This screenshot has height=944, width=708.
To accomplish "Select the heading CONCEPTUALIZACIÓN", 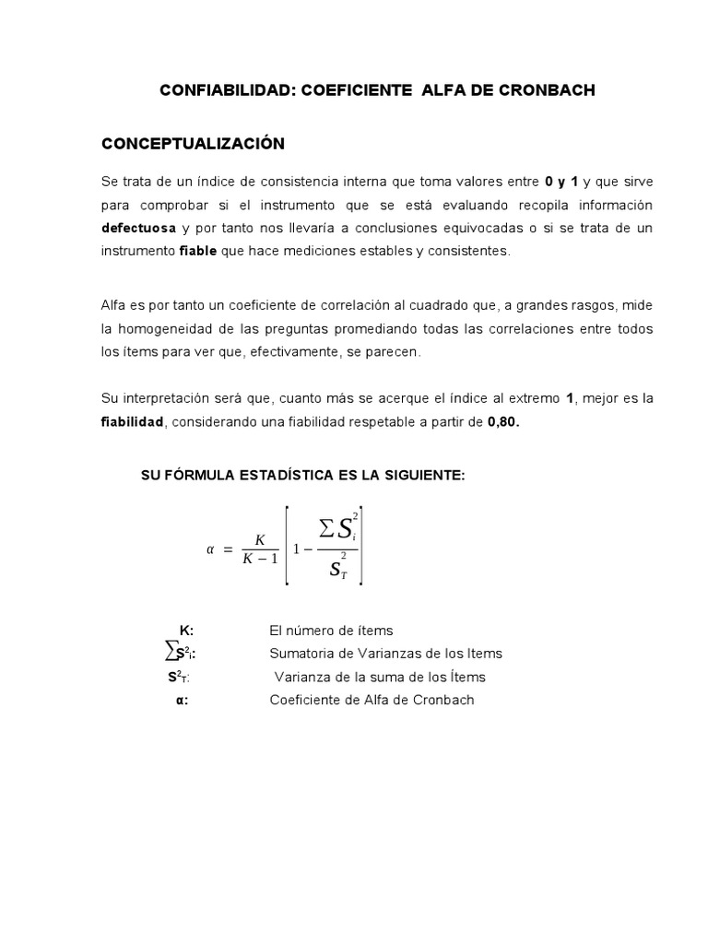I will coord(193,144).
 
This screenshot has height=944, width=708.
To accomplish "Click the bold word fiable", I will coord(198,251).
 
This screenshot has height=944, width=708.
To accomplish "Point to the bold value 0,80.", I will coord(506,421).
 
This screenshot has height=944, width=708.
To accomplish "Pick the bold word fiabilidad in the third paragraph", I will coord(132,421).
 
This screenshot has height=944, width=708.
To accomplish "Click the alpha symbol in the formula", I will coord(209,549).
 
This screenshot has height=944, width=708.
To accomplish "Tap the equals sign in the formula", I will coord(229,549).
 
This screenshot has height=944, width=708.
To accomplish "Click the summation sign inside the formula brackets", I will coord(325,528).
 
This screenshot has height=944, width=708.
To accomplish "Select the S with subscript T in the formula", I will coord(337,568).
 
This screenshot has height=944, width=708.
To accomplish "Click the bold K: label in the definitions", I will coord(186,631).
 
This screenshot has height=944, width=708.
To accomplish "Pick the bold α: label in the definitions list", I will coord(183,700).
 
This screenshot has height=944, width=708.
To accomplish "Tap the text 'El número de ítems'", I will coord(331,631).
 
